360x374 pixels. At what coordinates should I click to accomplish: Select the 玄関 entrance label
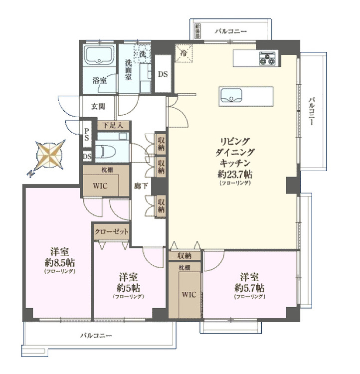[98, 106]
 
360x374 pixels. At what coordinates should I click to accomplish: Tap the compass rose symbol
[50, 155]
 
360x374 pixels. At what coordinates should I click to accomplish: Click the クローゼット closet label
[112, 232]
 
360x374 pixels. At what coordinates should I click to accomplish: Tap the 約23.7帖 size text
[234, 174]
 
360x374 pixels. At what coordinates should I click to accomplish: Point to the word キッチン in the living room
[234, 163]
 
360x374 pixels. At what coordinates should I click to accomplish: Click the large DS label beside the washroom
[163, 74]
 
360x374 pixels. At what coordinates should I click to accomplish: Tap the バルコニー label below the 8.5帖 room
[96, 336]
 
